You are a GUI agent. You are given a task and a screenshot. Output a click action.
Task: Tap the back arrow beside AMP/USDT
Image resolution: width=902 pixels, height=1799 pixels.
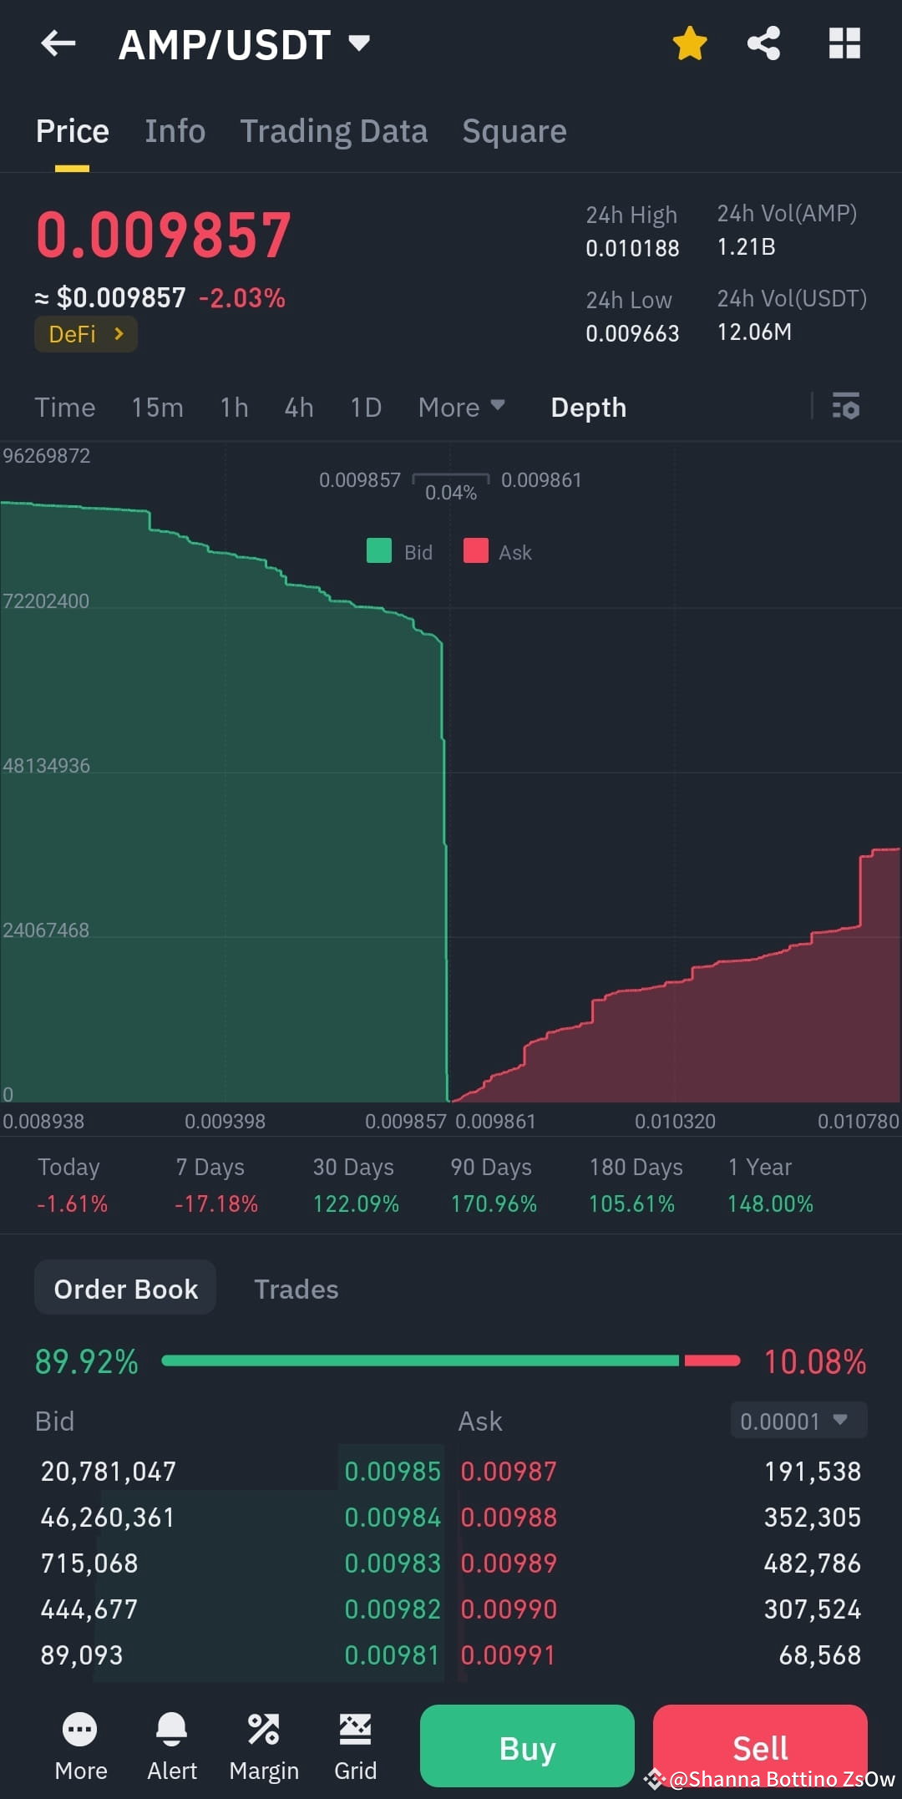[58, 43]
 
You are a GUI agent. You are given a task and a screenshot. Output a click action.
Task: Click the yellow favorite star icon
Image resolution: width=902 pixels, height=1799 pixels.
[690, 43]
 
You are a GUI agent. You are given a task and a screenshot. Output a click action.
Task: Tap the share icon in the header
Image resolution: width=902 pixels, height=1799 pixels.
[763, 43]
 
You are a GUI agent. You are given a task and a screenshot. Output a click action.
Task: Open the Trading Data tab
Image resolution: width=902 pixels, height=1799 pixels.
[333, 131]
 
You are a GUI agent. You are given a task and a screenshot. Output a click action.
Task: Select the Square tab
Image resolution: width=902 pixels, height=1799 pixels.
[514, 131]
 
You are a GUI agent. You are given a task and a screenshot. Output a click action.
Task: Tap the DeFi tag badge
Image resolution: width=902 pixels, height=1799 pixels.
[85, 334]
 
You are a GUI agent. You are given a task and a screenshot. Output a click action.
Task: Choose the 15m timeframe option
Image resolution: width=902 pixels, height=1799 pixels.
[157, 408]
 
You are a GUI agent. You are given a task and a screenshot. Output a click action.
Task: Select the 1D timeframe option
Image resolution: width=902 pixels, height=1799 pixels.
[366, 408]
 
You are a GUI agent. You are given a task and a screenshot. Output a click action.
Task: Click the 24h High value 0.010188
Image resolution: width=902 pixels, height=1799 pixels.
[632, 248]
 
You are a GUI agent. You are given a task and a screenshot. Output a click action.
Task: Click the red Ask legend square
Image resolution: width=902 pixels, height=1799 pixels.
[476, 551]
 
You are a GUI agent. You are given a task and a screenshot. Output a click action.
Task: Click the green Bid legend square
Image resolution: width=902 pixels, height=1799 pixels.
[379, 551]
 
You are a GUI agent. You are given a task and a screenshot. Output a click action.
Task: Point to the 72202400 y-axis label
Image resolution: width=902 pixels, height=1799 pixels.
[46, 601]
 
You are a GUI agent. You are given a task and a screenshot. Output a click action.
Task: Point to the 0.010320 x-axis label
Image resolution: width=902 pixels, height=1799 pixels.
[675, 1121]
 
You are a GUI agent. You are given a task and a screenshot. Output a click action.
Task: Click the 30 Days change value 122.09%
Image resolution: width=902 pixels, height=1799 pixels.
[356, 1204]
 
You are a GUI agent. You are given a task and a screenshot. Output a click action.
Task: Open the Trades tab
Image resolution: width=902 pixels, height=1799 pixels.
[296, 1289]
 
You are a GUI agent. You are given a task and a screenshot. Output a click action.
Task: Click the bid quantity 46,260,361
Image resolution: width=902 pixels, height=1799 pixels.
[108, 1517]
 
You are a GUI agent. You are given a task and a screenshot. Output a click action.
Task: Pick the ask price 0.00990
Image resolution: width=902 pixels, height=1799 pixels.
[509, 1609]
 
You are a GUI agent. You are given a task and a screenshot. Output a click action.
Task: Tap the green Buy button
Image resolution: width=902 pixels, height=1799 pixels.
[527, 1747]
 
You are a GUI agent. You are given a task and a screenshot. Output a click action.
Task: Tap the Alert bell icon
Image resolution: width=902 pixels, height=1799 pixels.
[172, 1729]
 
